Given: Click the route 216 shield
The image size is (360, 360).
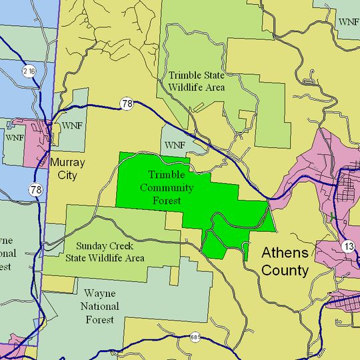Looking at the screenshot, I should pyautogui.click(x=28, y=71).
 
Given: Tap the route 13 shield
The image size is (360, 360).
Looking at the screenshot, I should pyautogui.click(x=349, y=247).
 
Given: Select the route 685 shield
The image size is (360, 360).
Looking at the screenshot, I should pyautogui.click(x=194, y=337).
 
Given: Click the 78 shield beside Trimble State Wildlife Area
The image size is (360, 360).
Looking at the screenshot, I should pyautogui.click(x=127, y=103).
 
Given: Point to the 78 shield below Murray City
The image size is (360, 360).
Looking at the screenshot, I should pyautogui.click(x=36, y=190).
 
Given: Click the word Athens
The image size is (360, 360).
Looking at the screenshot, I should pyautogui.click(x=285, y=253).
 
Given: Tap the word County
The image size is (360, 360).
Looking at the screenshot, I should pyautogui.click(x=285, y=271).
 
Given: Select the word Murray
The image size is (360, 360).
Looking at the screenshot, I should pyautogui.click(x=67, y=162).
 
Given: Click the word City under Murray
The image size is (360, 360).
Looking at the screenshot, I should pyautogui.click(x=67, y=176).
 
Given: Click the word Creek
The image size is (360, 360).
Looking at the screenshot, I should pyautogui.click(x=125, y=245).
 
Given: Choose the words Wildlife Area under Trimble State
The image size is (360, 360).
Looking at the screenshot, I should pyautogui.click(x=197, y=87).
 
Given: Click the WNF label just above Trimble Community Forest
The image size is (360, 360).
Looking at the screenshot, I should pyautogui.click(x=175, y=145).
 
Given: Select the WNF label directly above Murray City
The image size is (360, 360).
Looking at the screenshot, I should pyautogui.click(x=72, y=125).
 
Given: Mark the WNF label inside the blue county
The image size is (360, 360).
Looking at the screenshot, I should pyautogui.click(x=14, y=137).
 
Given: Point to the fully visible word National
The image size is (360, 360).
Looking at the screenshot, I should pyautogui.click(x=100, y=307).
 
